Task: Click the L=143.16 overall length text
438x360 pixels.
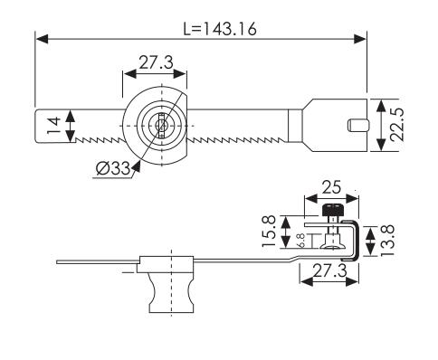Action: click(x=219, y=28)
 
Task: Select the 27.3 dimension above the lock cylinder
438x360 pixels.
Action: click(x=155, y=64)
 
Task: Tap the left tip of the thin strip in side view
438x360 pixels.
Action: click(x=57, y=262)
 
